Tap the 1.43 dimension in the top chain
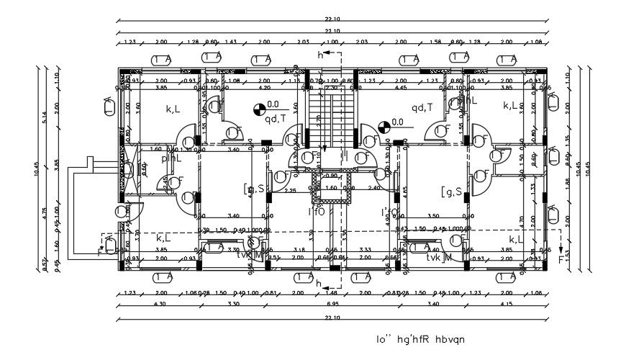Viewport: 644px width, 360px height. coord(231,42)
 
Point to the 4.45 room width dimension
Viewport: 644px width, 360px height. coord(401,88)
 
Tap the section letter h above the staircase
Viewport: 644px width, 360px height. coord(321,55)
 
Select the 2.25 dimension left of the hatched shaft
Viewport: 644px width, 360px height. coord(290,190)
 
